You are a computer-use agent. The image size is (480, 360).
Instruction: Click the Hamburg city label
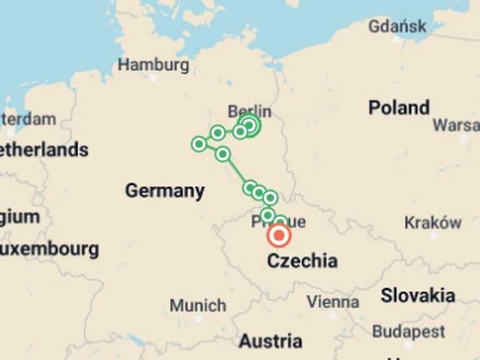(153, 64)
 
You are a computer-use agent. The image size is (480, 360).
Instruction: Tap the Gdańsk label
(397, 26)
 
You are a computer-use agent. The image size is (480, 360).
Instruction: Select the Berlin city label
(249, 111)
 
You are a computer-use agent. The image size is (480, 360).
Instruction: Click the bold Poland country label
(399, 107)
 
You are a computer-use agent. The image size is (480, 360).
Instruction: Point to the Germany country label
(164, 191)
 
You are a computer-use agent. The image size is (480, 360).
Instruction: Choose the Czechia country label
(302, 261)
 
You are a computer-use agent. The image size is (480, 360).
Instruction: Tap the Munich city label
(197, 306)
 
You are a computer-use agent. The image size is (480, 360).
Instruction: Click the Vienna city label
(332, 302)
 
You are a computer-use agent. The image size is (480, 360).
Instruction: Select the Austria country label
(270, 341)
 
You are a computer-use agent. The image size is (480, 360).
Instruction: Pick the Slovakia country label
(417, 295)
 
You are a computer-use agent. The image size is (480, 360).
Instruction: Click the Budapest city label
(408, 331)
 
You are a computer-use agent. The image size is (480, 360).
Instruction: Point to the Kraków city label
(432, 222)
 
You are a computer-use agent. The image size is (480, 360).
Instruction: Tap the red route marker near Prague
(279, 236)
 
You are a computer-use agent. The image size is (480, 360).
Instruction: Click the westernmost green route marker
(199, 144)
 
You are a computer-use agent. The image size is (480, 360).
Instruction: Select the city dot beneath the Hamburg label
(153, 77)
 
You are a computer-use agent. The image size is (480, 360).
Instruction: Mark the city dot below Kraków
(433, 236)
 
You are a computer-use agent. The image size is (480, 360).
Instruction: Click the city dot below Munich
(199, 318)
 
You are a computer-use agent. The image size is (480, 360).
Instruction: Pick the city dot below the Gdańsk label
(397, 39)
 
